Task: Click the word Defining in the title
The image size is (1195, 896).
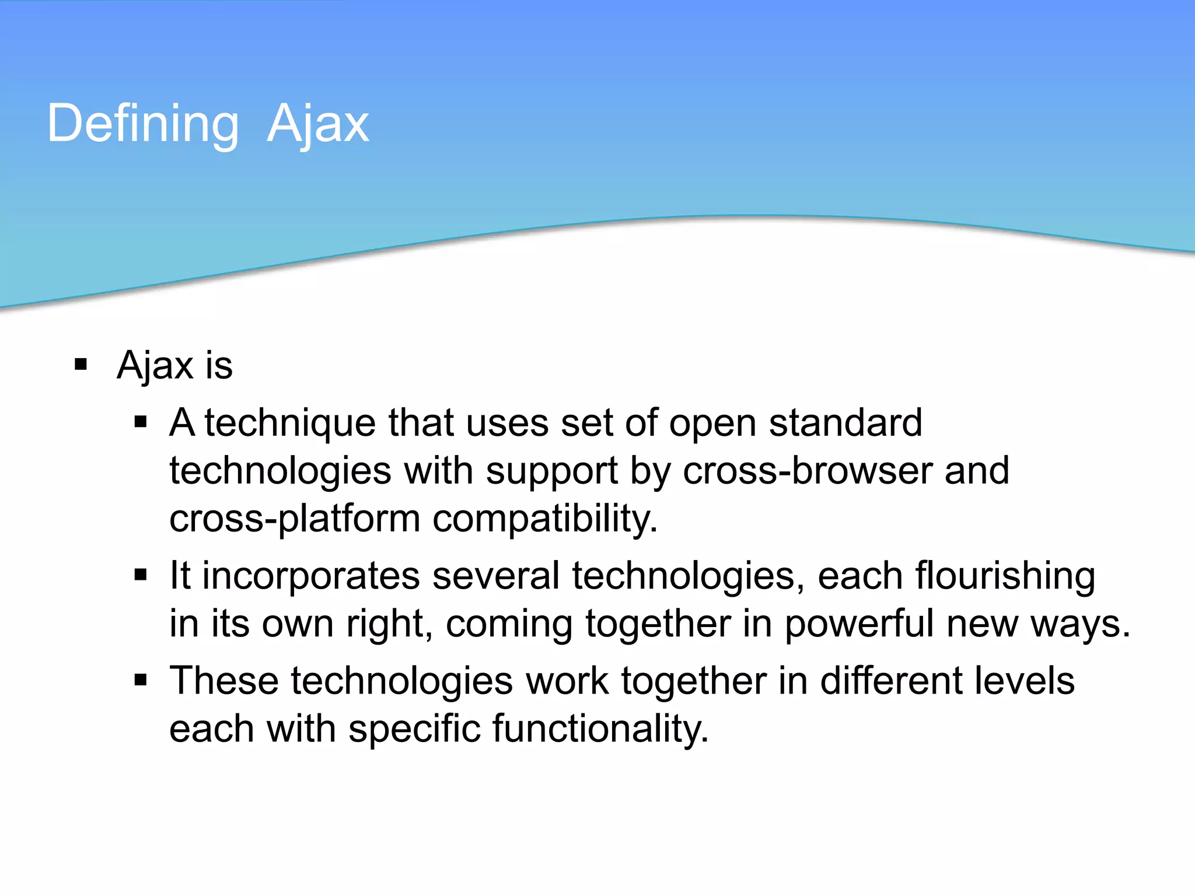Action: click(143, 124)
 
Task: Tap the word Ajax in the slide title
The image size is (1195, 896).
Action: click(318, 124)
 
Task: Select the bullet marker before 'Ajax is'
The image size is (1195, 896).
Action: click(81, 365)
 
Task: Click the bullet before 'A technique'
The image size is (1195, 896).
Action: click(140, 422)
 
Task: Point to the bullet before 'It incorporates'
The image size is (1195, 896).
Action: click(140, 575)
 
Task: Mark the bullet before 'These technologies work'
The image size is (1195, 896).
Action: click(140, 680)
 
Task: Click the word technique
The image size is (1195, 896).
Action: click(290, 423)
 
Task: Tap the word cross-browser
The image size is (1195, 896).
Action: click(808, 471)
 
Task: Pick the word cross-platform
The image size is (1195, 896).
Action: click(295, 519)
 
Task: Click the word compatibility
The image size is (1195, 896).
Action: click(545, 519)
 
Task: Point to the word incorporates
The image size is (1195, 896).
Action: click(311, 576)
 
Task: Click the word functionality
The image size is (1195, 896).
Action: click(600, 729)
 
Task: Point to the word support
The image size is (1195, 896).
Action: click(552, 472)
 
